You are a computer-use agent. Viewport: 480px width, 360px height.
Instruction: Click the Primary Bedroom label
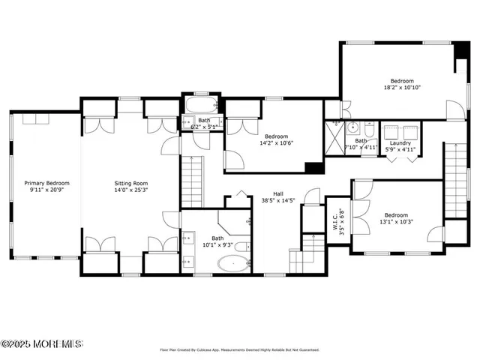46,183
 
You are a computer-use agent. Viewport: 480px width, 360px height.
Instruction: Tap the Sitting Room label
131,183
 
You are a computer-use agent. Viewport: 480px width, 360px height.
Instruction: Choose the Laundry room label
400,142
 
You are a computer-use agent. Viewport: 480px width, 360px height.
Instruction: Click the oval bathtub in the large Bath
232,263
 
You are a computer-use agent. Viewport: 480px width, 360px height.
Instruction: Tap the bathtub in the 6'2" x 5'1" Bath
199,104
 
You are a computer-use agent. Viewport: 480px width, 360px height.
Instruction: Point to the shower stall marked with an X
334,137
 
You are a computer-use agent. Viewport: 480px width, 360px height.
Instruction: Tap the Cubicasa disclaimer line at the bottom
239,349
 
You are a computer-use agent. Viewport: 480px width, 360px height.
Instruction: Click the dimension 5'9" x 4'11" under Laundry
400,150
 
